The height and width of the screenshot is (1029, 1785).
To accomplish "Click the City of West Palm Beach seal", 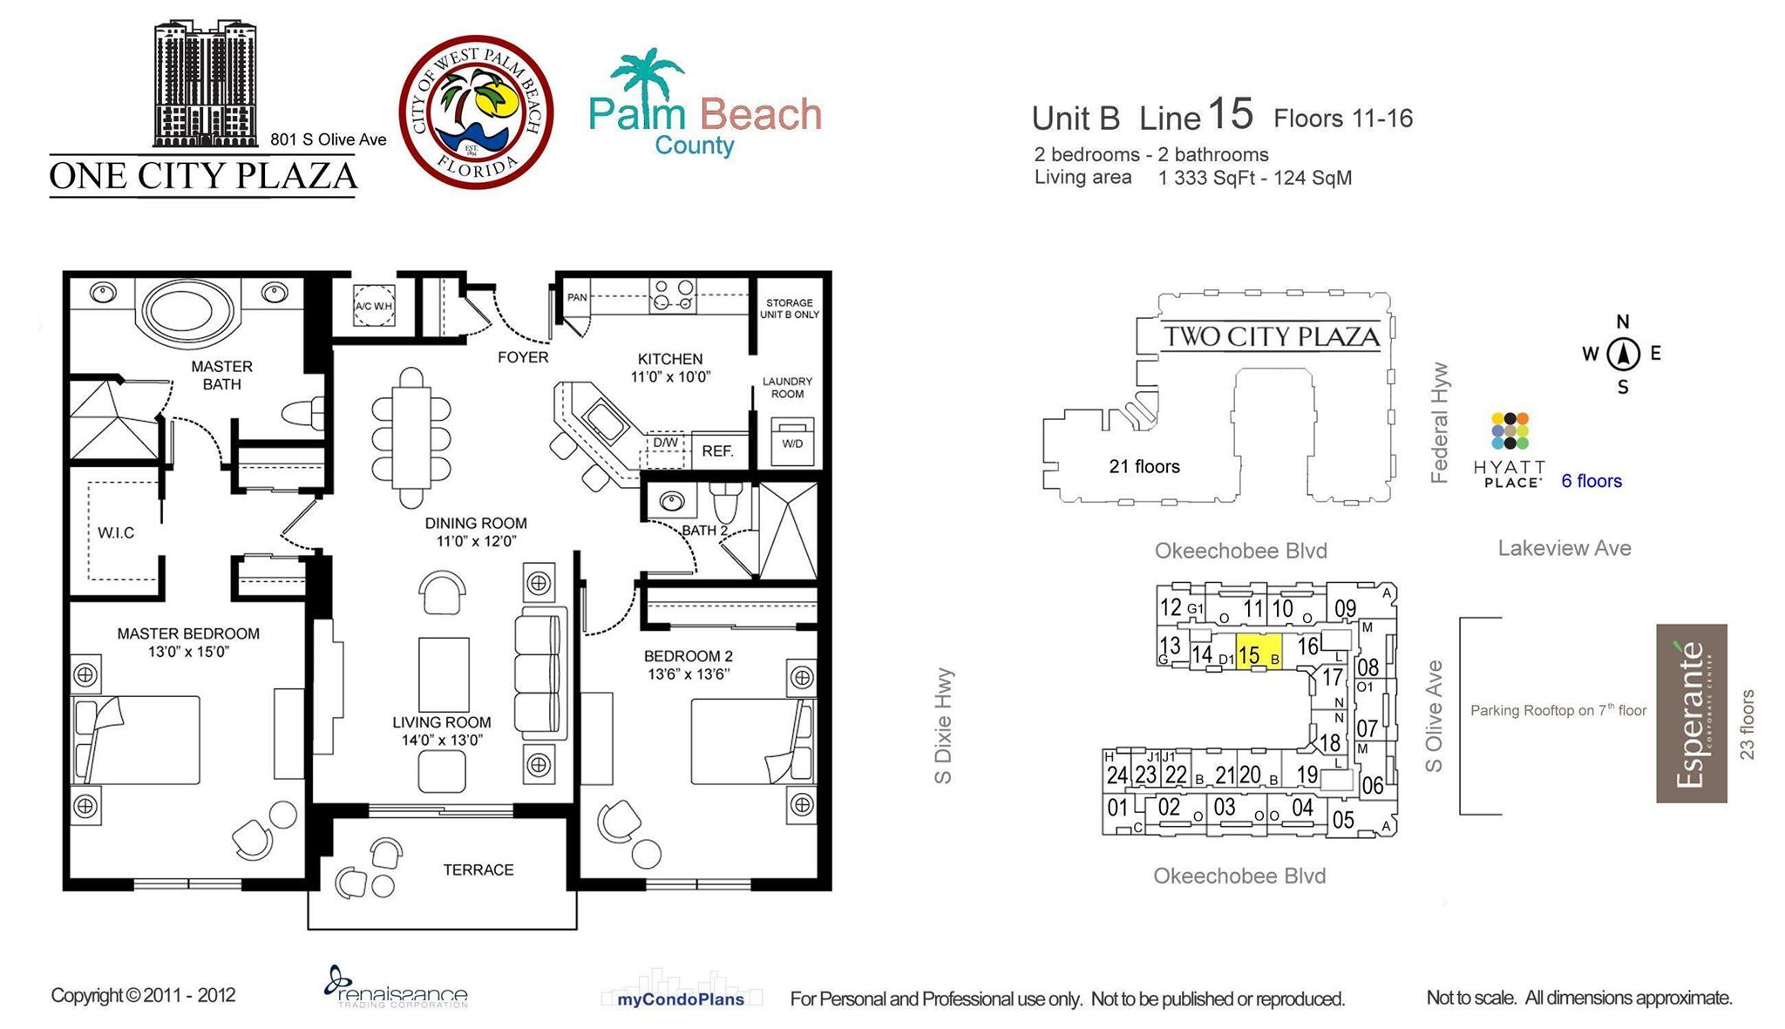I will tap(476, 112).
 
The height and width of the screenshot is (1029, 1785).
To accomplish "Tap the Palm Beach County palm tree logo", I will tap(646, 79).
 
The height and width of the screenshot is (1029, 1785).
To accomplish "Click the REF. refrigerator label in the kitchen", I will tap(717, 450).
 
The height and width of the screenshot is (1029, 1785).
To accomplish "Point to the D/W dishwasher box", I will tap(665, 443).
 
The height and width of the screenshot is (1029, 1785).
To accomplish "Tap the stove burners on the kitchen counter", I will tap(674, 294).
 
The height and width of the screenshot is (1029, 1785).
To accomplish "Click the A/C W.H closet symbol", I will tap(374, 306).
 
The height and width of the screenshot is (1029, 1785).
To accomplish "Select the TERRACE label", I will tap(478, 870).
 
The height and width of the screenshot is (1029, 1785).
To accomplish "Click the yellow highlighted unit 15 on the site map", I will tap(1257, 654).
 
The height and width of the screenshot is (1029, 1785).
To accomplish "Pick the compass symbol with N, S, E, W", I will tap(1623, 354).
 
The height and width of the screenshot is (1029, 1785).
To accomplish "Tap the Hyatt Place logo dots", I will tap(1510, 430).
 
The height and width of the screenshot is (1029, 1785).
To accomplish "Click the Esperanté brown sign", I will tap(1691, 713).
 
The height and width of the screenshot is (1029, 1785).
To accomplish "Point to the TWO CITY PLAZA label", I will tap(1271, 336).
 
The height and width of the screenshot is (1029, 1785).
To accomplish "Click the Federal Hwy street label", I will tap(1439, 423).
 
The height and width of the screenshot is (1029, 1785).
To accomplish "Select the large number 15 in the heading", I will tap(1231, 114).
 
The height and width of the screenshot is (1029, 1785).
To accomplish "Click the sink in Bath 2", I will tap(671, 502).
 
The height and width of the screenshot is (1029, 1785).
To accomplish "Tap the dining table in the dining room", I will tap(411, 437).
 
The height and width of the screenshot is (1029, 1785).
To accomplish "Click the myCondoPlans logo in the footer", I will tap(681, 999).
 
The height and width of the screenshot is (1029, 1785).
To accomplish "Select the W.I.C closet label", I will tap(116, 532).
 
